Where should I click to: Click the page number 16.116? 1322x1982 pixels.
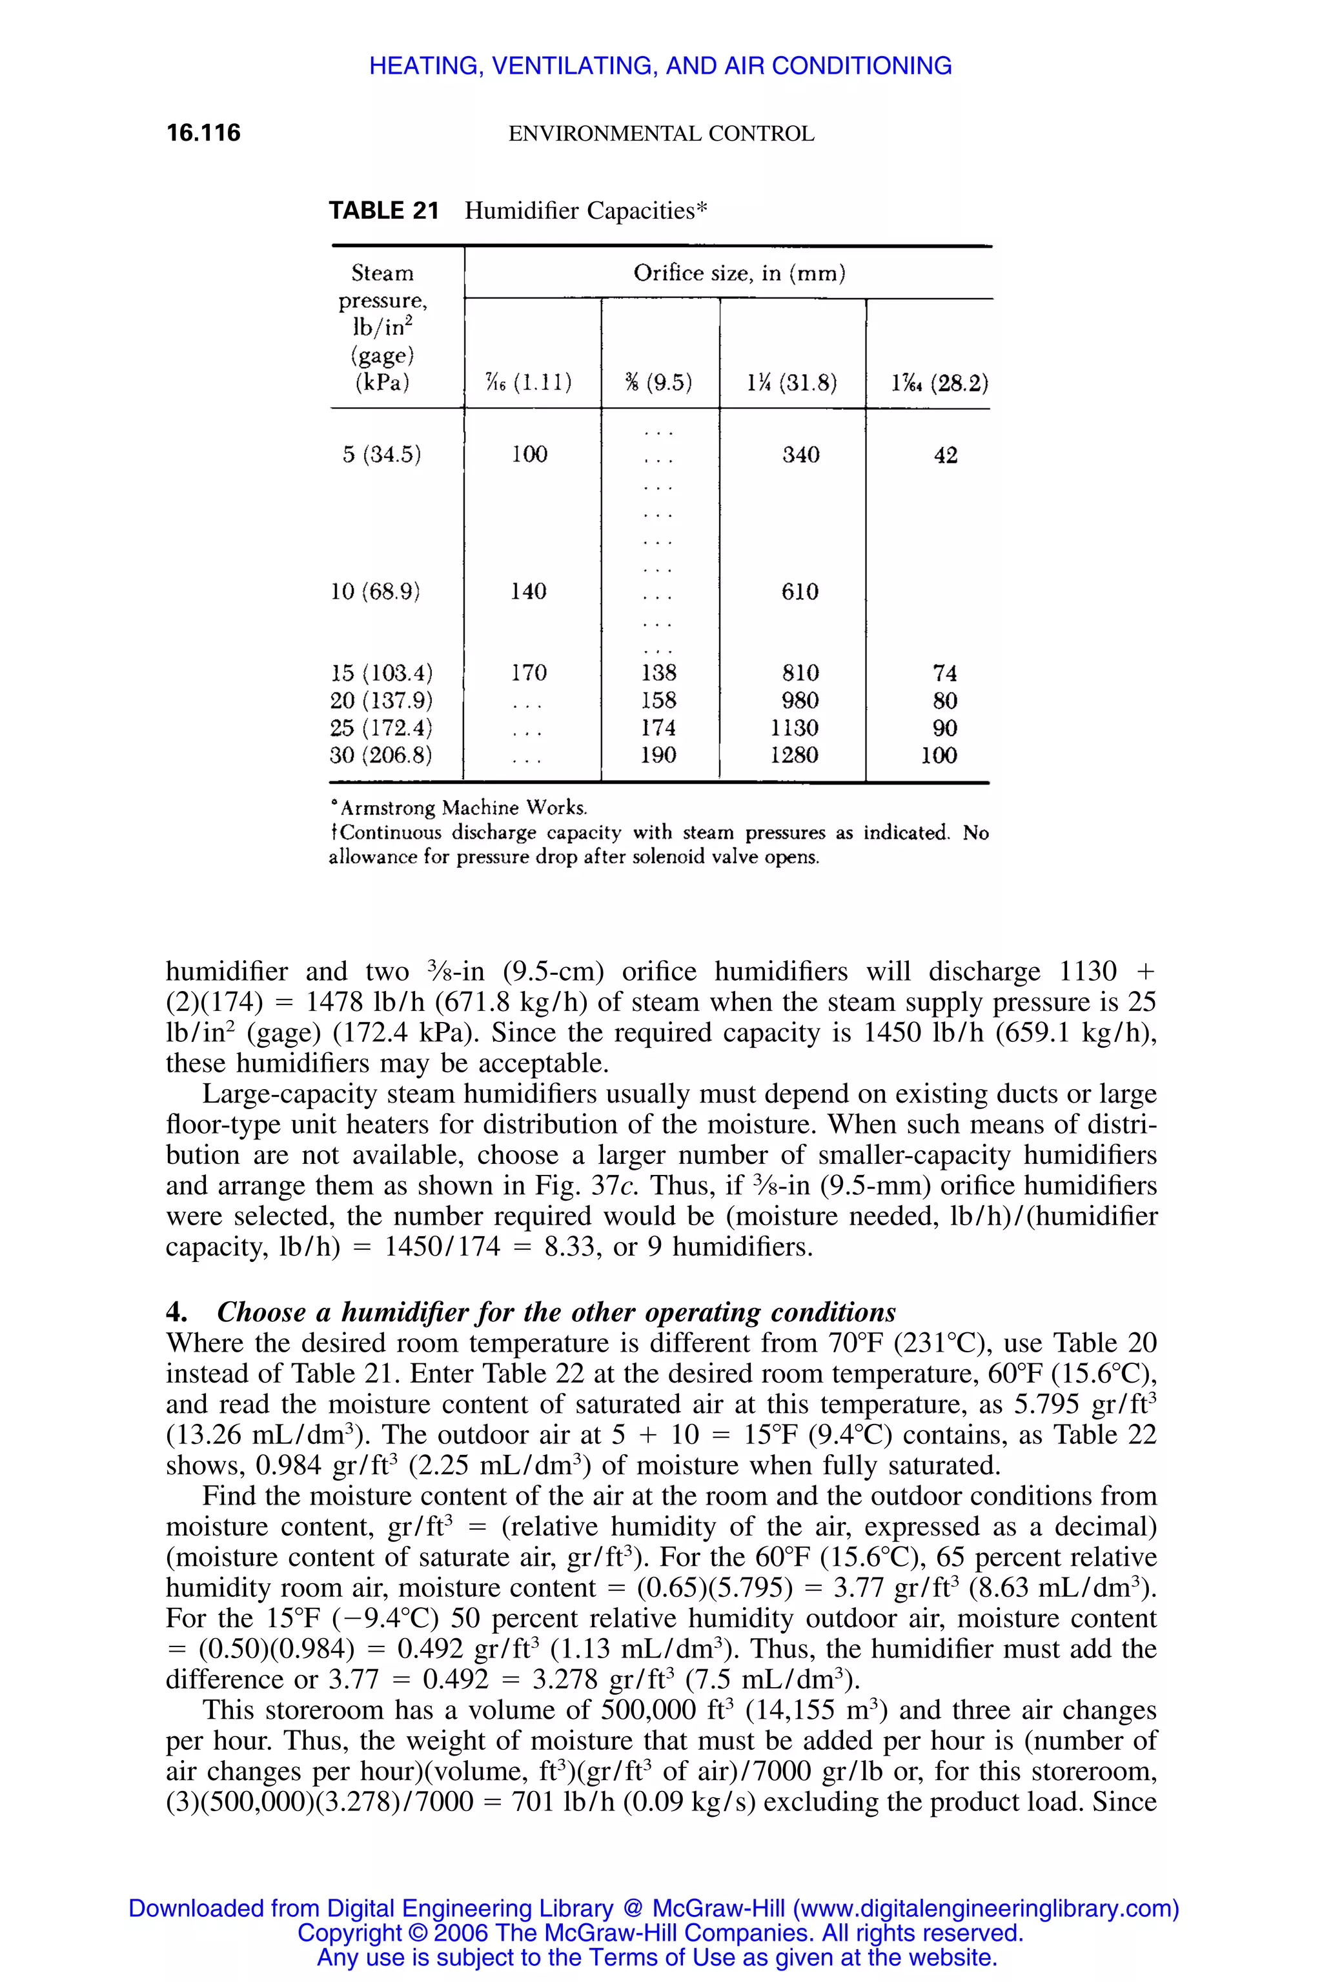point(203,132)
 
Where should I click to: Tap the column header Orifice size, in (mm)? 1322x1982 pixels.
point(738,273)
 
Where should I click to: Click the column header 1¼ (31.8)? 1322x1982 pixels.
point(791,383)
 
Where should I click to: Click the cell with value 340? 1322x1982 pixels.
point(800,455)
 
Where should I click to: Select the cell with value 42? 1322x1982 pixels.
point(945,455)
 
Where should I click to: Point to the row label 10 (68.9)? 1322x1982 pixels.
point(375,592)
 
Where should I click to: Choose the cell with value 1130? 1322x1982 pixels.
point(794,727)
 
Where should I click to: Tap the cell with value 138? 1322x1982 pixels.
point(658,672)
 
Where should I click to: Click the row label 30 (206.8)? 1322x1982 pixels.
point(380,754)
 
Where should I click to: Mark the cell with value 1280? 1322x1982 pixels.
point(794,754)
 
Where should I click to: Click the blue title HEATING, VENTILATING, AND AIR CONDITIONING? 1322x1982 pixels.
point(660,66)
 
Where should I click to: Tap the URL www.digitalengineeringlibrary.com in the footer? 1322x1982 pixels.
point(986,1908)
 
